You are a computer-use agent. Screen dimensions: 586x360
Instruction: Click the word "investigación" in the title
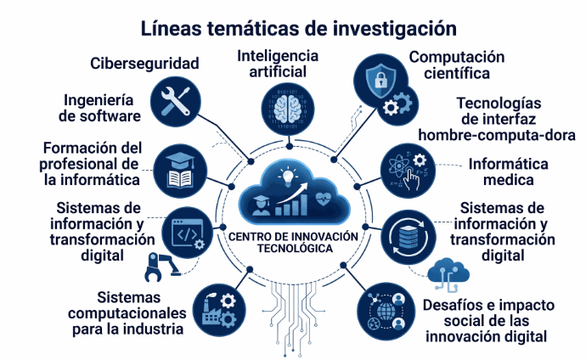(394, 29)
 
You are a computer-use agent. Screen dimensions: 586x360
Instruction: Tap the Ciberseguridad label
(144, 64)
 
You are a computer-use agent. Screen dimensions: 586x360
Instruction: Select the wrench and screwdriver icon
(176, 102)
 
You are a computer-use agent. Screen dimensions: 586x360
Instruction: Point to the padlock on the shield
(380, 79)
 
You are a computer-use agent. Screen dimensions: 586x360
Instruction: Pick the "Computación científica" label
(457, 65)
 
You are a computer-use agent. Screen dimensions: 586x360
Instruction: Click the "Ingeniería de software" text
(99, 108)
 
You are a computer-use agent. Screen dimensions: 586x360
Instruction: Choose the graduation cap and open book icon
(180, 171)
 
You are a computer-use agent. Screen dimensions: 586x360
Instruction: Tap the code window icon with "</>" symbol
(187, 233)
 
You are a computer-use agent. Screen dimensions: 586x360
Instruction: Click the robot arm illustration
(161, 267)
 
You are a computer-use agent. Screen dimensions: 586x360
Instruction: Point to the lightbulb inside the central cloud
(287, 177)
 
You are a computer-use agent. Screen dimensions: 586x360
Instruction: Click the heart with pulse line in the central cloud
(322, 199)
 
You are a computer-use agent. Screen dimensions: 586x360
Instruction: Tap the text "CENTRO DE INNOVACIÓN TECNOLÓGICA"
(293, 242)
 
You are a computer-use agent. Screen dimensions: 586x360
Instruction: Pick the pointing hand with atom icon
(409, 171)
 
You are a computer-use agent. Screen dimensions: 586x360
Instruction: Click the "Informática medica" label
(508, 172)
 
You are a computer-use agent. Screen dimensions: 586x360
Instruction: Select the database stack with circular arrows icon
(409, 237)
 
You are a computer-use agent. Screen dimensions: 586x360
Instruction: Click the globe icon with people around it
(386, 312)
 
